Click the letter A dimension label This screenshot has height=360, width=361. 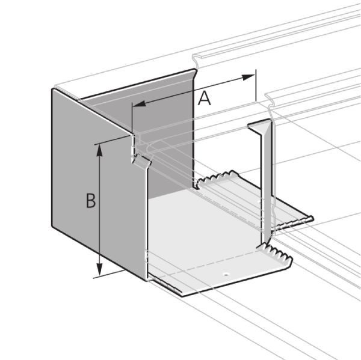coord(205,98)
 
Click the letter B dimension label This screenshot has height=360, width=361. coord(91,201)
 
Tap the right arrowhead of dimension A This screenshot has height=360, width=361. coord(248,78)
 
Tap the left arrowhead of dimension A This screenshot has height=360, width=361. coord(140,104)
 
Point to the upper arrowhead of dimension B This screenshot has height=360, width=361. coord(99,151)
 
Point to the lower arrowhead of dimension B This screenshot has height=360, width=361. coord(99,269)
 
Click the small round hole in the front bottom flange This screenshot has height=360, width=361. coord(226,274)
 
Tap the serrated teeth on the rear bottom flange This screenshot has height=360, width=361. coord(217,177)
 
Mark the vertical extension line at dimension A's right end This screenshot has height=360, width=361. coord(256,85)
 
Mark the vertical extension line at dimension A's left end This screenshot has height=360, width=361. coord(132,118)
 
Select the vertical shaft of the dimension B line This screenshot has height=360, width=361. coord(99,210)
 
